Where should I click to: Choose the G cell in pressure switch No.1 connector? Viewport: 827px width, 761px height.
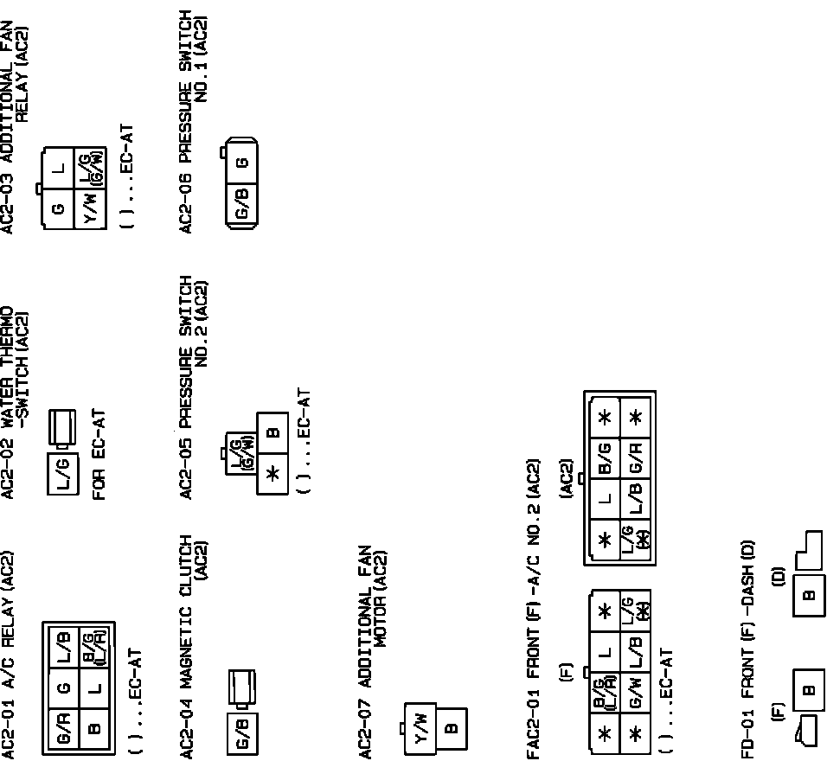tap(242, 162)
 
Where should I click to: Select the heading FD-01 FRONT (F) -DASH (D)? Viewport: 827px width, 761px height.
tap(747, 649)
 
